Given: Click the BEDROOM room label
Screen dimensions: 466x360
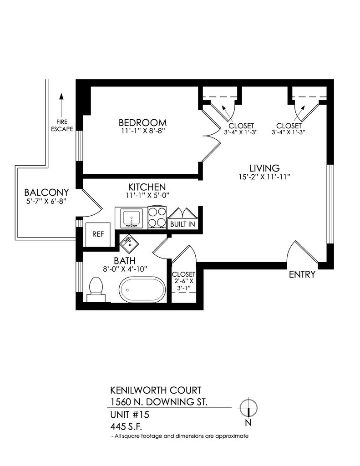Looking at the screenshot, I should coord(142,123).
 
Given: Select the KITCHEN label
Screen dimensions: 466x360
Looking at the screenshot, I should coord(146,187).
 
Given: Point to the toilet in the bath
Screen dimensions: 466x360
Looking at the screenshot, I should coord(96,289).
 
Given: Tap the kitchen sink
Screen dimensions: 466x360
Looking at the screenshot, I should coord(131,218).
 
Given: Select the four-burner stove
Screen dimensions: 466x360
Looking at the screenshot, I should coord(156,218).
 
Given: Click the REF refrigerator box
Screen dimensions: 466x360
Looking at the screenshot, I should coord(98,234).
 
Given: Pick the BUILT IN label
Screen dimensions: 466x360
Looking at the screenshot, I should coord(182,224).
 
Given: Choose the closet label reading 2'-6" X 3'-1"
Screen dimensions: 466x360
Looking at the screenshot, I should coord(183,282).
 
